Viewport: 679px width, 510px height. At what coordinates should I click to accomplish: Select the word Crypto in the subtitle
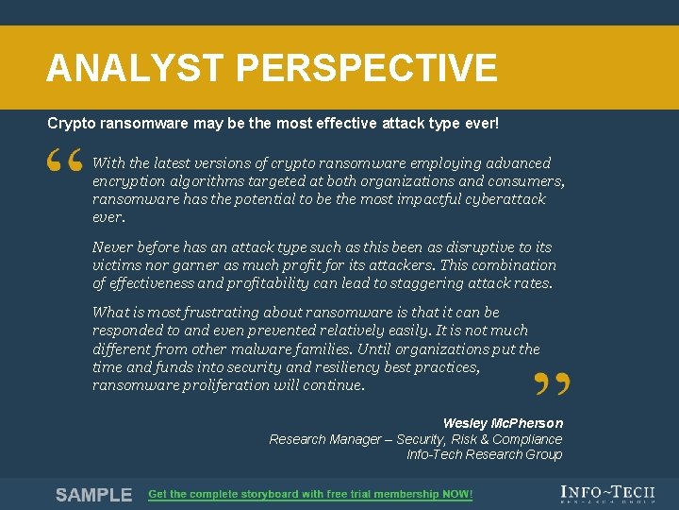69,124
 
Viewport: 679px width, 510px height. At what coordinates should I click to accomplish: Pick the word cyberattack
501,199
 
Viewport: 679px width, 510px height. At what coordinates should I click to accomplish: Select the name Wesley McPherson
503,423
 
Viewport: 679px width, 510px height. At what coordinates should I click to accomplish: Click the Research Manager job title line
415,439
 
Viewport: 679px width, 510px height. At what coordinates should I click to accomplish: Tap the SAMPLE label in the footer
93,495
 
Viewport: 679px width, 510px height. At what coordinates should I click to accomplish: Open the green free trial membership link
310,495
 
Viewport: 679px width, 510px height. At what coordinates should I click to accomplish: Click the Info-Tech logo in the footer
608,493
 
